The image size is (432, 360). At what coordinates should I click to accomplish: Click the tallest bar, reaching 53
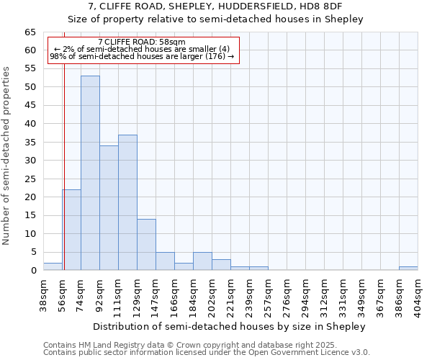[x=90, y=173]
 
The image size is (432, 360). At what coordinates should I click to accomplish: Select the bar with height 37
[x=127, y=202]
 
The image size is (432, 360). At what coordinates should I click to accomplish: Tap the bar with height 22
[x=71, y=230]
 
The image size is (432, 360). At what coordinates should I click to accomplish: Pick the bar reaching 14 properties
[x=146, y=245]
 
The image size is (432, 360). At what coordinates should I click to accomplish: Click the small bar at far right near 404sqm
[x=408, y=269]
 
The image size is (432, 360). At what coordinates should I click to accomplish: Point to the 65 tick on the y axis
[x=30, y=32]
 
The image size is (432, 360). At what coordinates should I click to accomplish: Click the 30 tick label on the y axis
[x=30, y=161]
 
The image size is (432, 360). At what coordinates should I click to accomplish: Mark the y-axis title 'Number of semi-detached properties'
[x=7, y=156]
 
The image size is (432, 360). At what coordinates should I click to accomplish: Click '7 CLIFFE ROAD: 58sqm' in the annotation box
[x=142, y=42]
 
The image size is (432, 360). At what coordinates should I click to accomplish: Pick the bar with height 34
[x=109, y=208]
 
